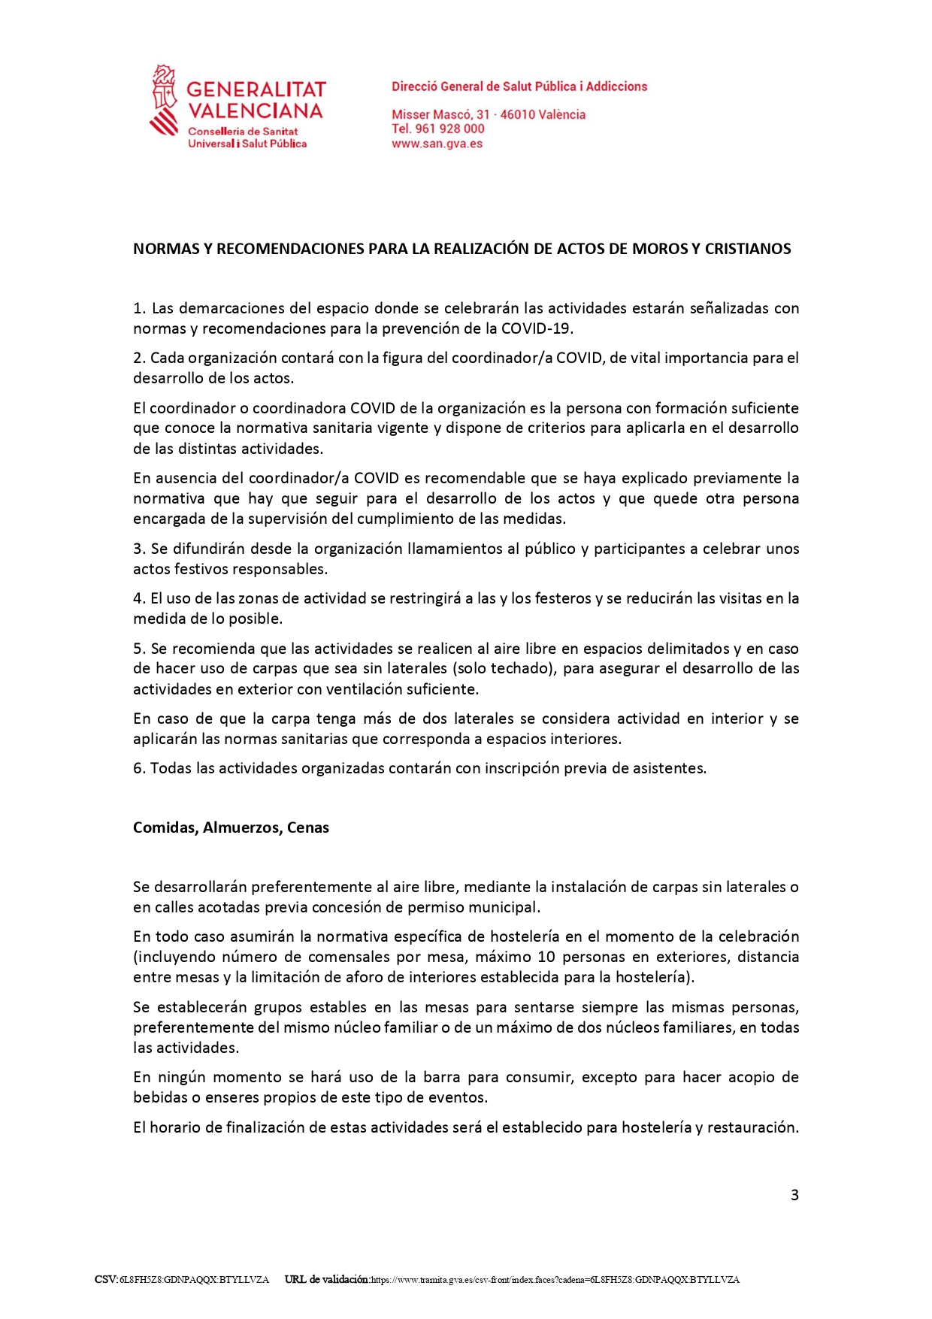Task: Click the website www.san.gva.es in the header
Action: click(x=437, y=144)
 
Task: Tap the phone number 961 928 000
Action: click(x=449, y=129)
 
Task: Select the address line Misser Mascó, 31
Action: click(x=440, y=114)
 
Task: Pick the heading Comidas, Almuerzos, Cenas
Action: click(x=231, y=827)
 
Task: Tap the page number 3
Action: click(x=794, y=1195)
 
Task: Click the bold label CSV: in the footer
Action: click(x=106, y=1279)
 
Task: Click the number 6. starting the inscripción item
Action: click(x=139, y=768)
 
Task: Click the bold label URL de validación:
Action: click(x=327, y=1279)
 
